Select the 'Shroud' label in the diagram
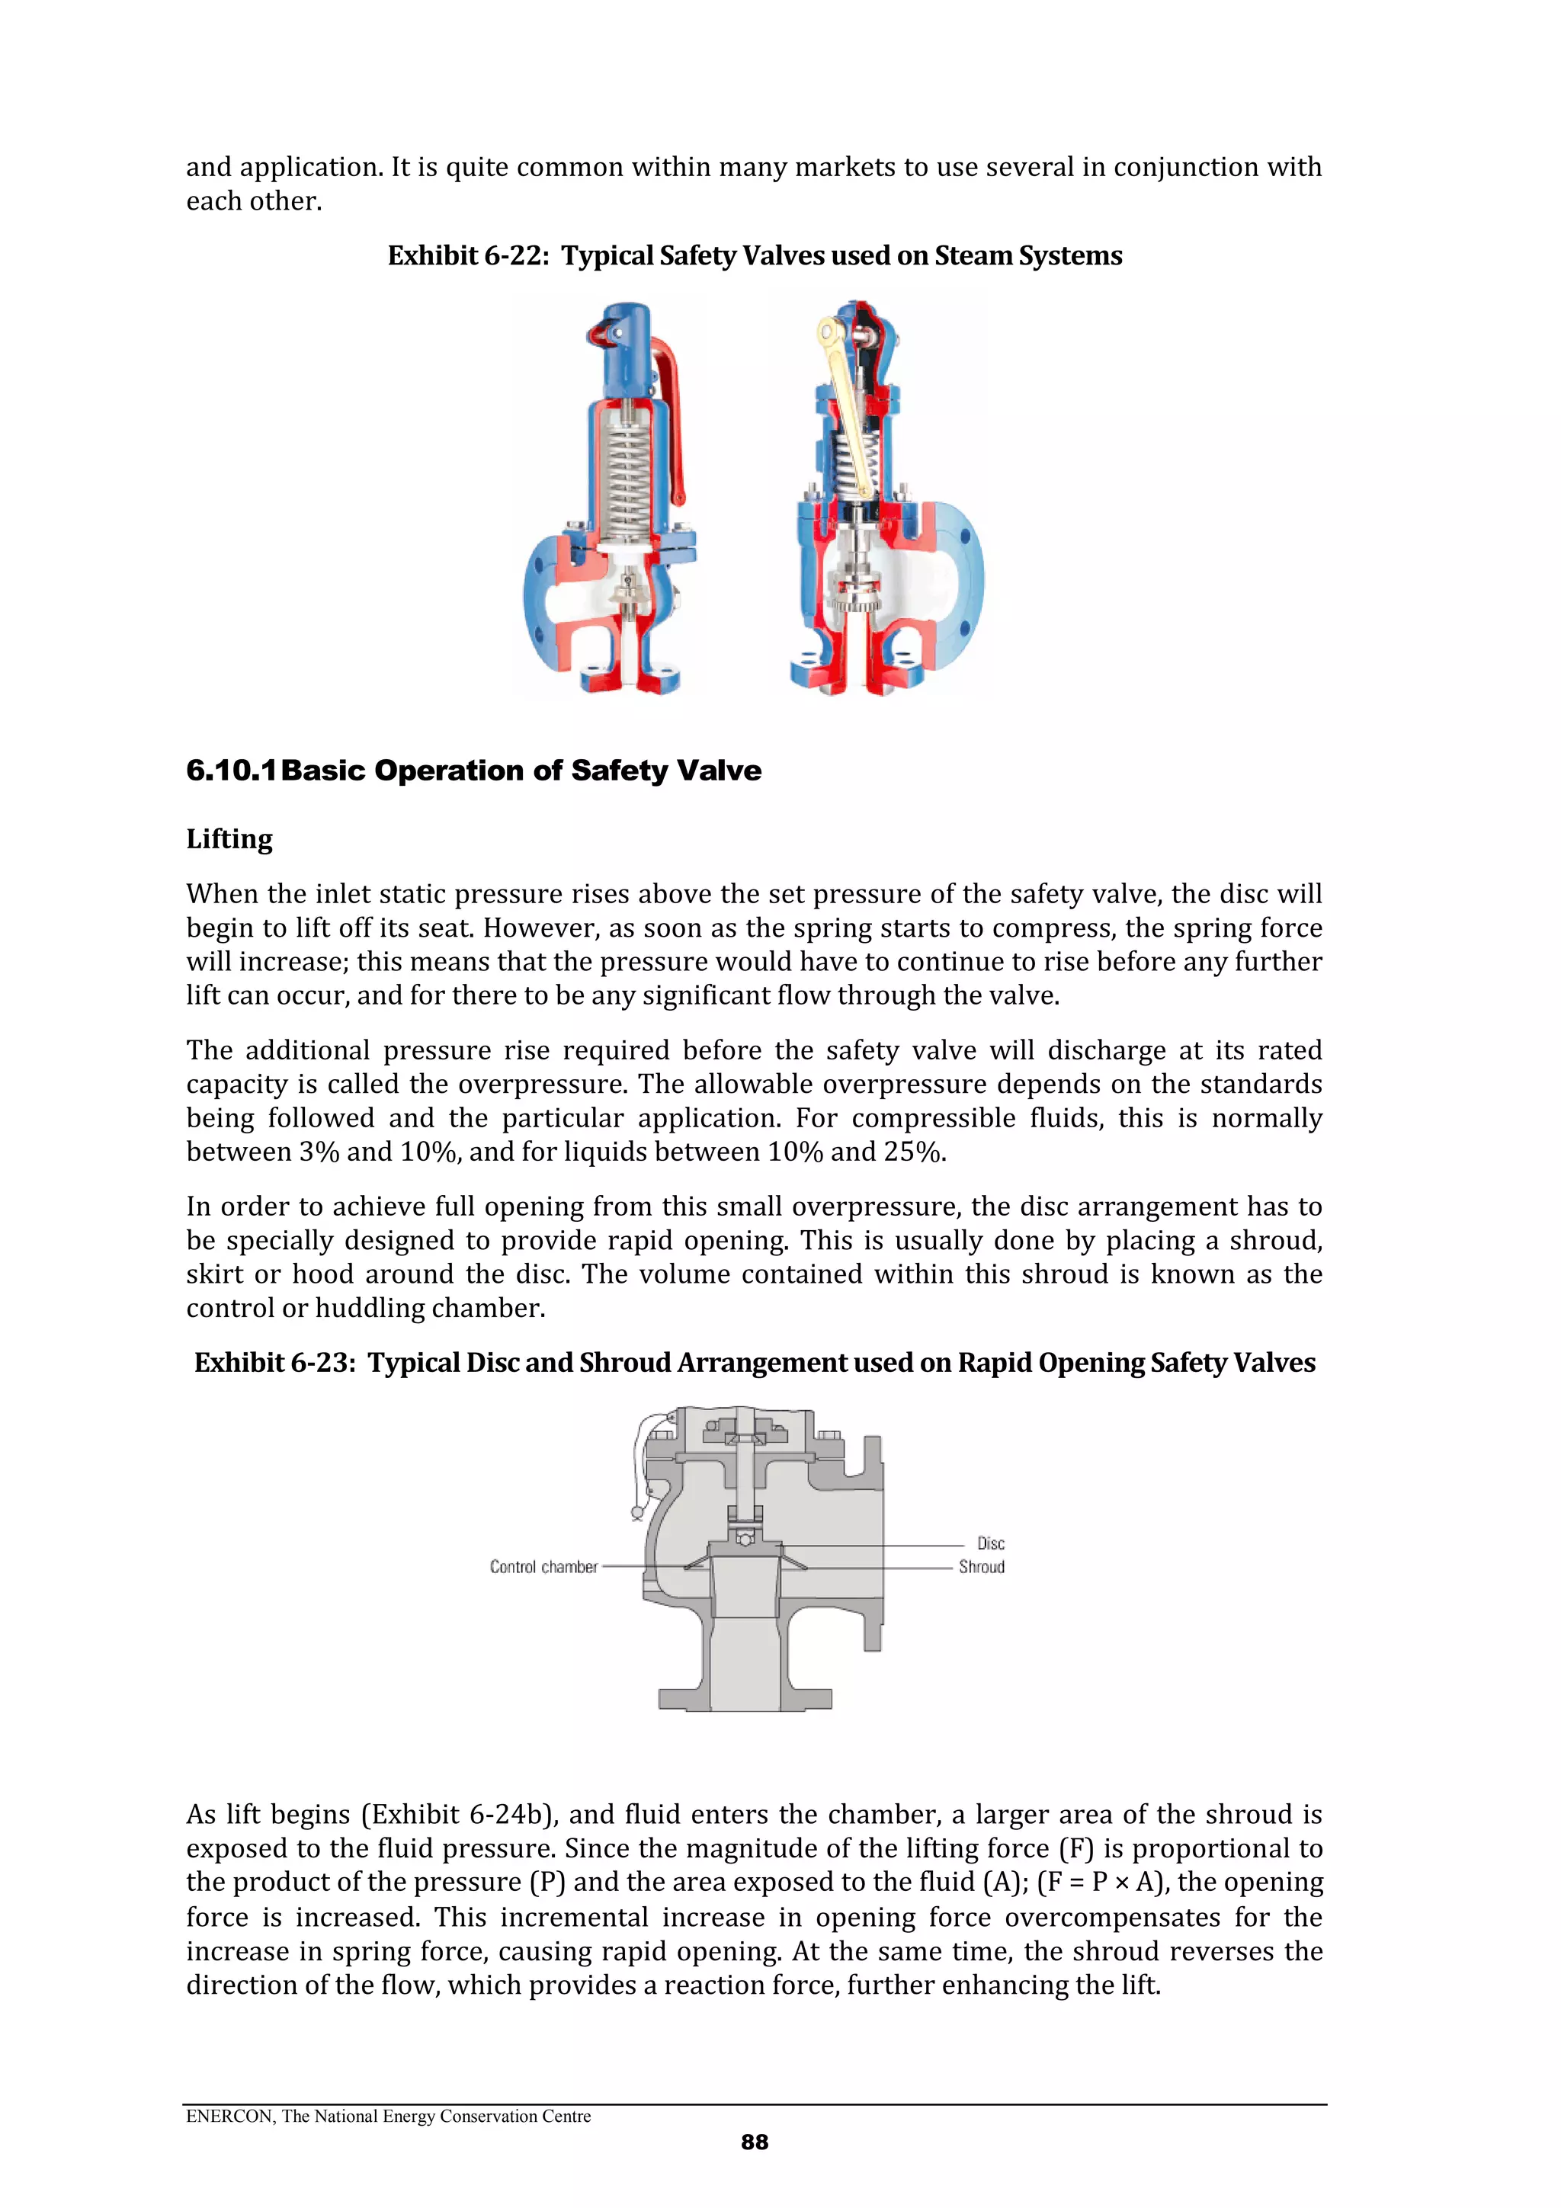pyautogui.click(x=981, y=1566)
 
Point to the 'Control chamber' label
pyautogui.click(x=543, y=1566)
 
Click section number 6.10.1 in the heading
pyautogui.click(x=231, y=771)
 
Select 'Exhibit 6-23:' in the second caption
pyautogui.click(x=274, y=1363)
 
